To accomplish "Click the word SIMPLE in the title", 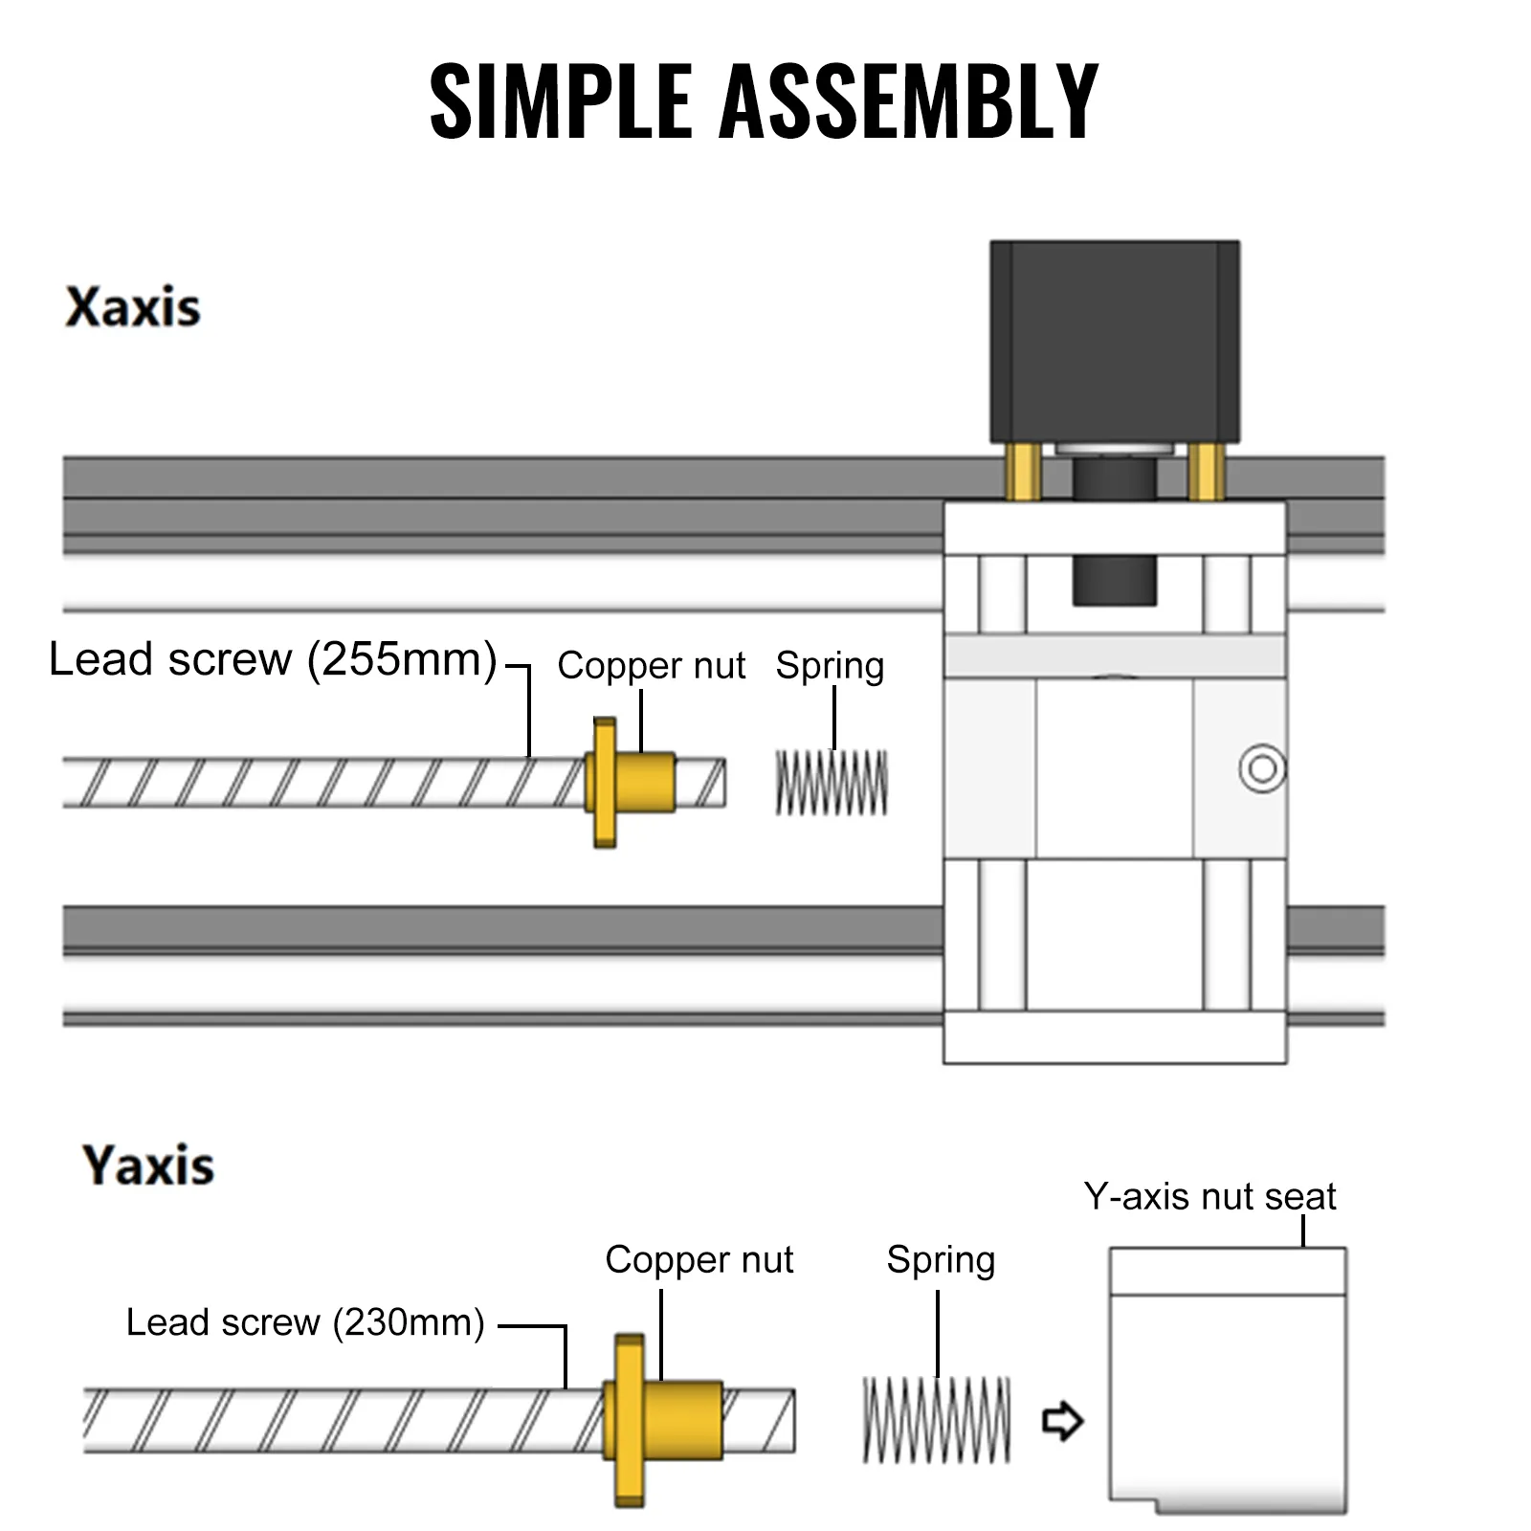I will [x=561, y=100].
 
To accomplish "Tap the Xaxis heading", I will [x=133, y=308].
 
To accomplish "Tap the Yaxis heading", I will [x=148, y=1165].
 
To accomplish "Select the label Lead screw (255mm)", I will [x=273, y=659].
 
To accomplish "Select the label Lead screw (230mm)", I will [x=305, y=1322].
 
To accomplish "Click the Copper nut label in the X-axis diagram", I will [x=651, y=665].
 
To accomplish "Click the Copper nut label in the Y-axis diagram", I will [x=699, y=1259].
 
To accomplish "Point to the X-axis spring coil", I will [x=832, y=783].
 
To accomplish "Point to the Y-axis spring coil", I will [x=936, y=1420].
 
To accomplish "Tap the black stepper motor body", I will [x=1115, y=340].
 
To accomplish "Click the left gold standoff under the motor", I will [x=1023, y=471].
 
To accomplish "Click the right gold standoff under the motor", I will [x=1205, y=471].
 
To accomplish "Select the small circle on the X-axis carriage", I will [x=1262, y=768].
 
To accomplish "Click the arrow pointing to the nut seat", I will [x=1062, y=1420].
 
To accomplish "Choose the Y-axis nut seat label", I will [x=1209, y=1197].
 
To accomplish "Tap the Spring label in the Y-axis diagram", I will [x=941, y=1259].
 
